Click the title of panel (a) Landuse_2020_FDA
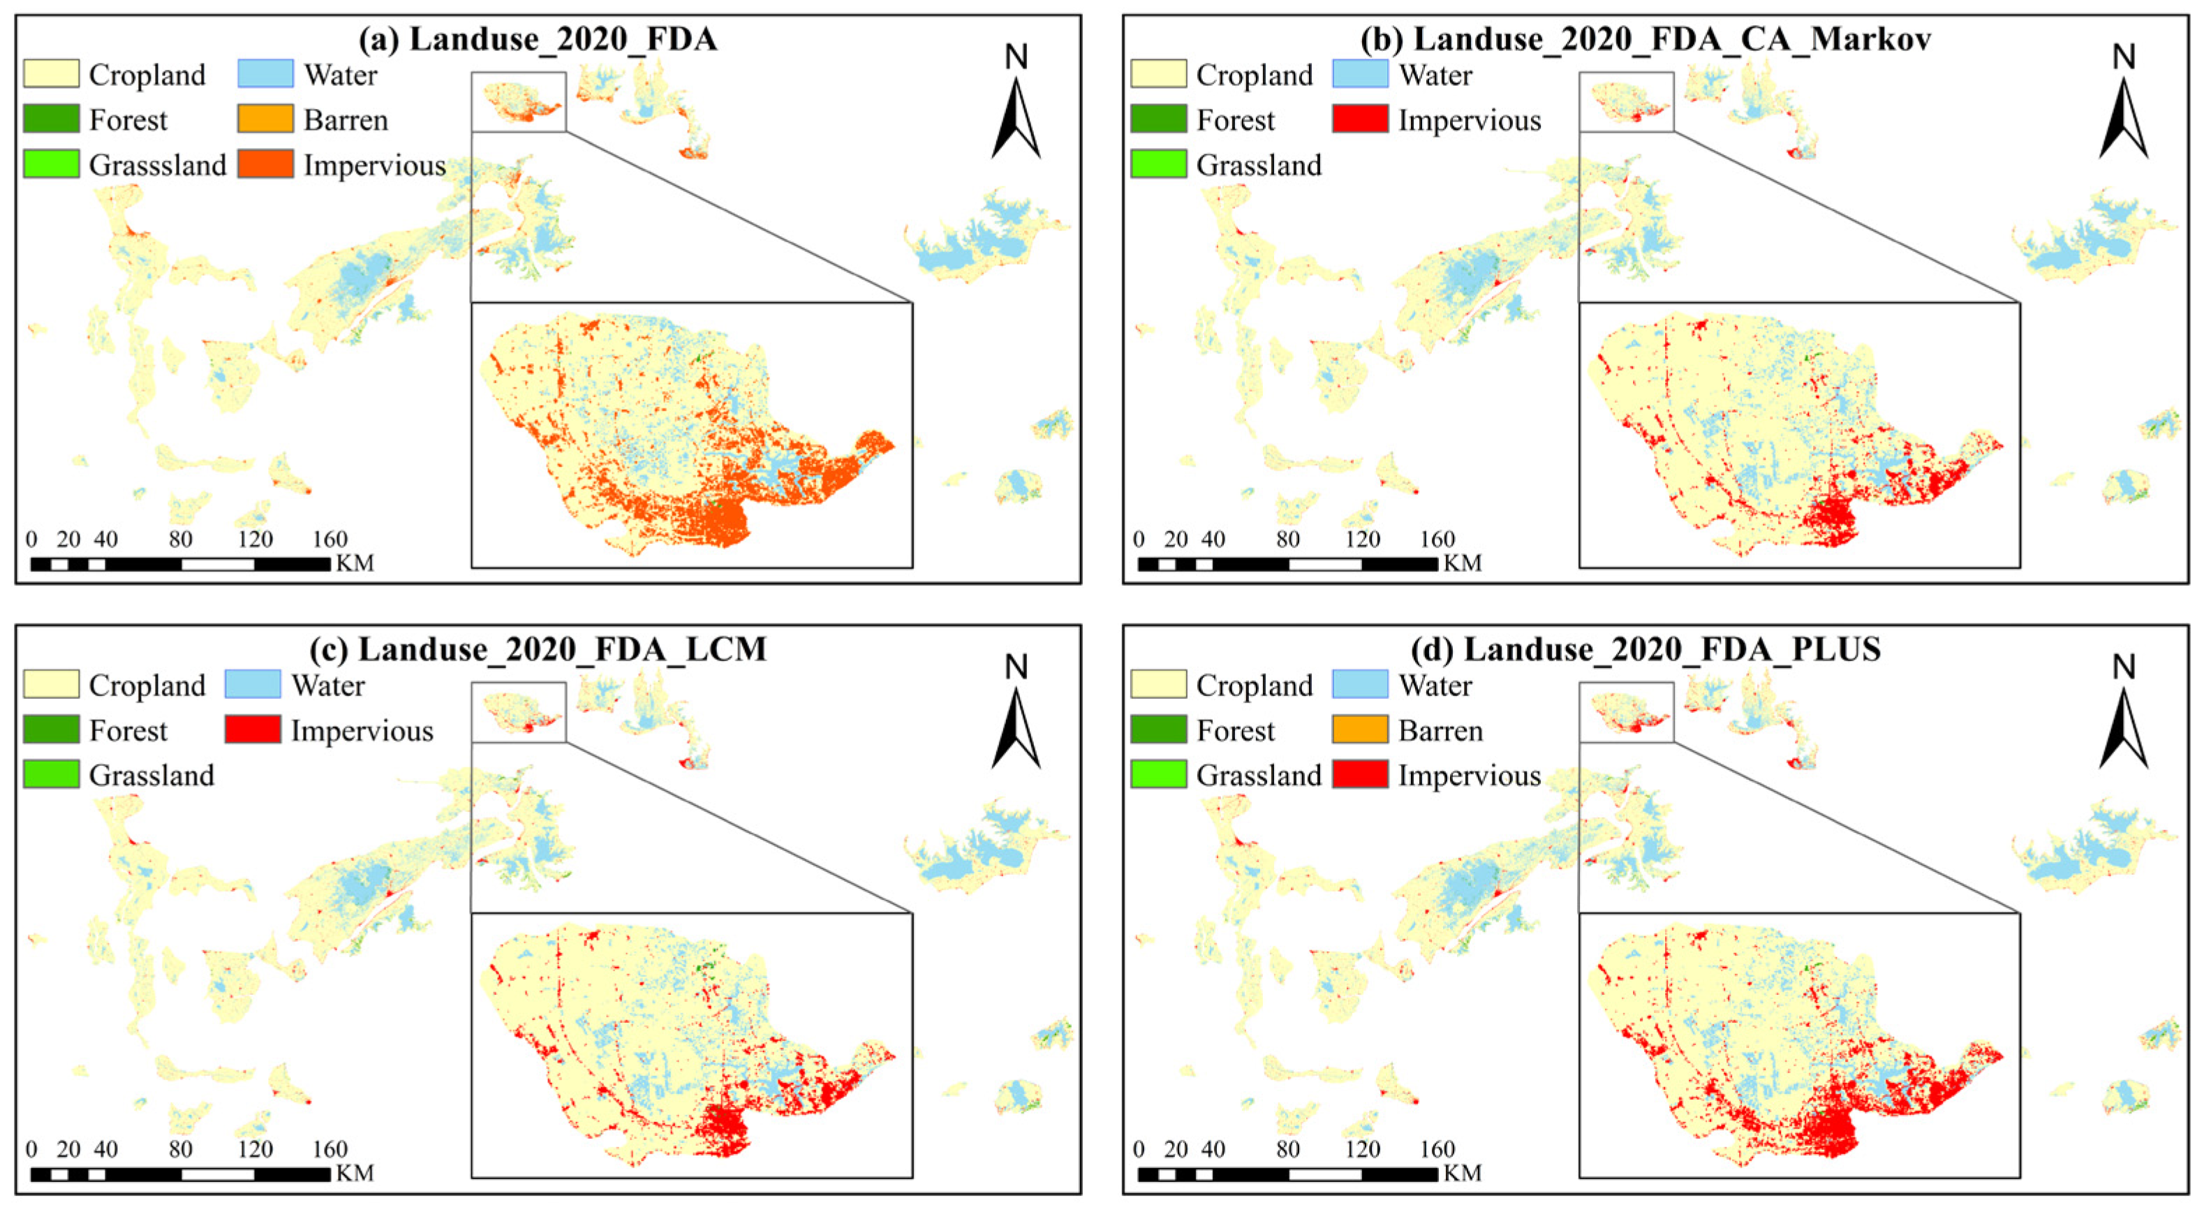(x=538, y=39)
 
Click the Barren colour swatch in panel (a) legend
(x=265, y=119)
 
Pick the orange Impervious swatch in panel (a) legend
(x=265, y=163)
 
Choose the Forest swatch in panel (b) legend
(x=1158, y=119)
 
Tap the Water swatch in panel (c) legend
(x=253, y=684)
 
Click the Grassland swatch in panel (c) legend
(x=52, y=774)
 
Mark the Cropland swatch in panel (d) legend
(x=1158, y=684)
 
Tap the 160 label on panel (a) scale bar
(x=330, y=540)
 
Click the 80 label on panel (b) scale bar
(x=1287, y=540)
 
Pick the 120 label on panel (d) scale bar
(x=1362, y=1149)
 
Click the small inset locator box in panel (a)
(x=519, y=102)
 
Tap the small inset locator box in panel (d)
(x=1626, y=712)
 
